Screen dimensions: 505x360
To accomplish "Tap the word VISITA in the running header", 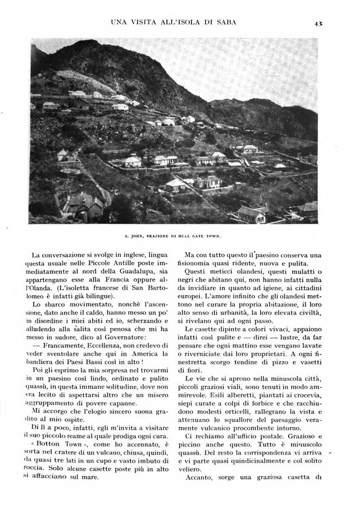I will pyautogui.click(x=143, y=22).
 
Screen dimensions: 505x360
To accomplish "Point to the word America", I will pyautogui.click(x=143, y=358).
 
